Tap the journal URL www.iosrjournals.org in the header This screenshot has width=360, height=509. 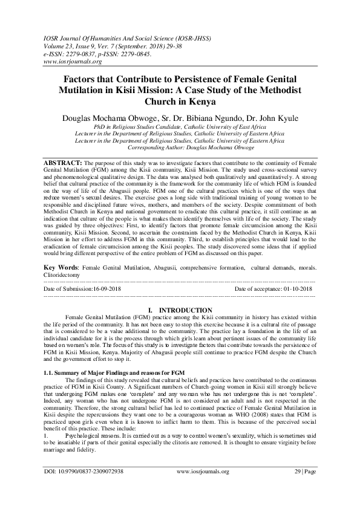coord(68,61)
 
